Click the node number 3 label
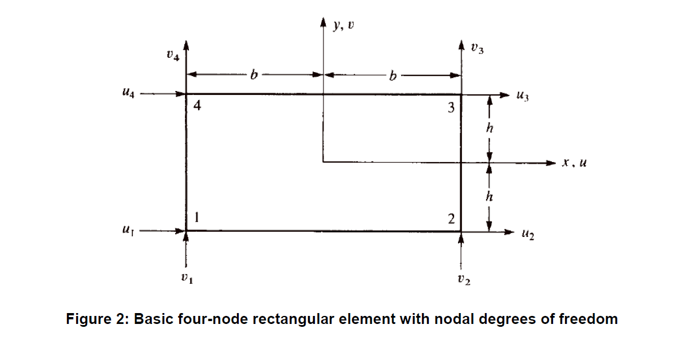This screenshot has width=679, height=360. click(x=451, y=107)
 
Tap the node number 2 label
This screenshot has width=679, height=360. click(x=451, y=219)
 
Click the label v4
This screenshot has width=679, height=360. click(x=172, y=56)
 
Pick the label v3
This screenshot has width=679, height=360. click(x=477, y=49)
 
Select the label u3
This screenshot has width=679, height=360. click(x=522, y=97)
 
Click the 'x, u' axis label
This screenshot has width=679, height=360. click(x=574, y=163)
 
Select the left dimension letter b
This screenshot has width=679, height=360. click(x=252, y=74)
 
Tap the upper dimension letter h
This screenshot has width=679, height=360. click(x=489, y=128)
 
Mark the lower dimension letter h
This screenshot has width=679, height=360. click(x=489, y=197)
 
